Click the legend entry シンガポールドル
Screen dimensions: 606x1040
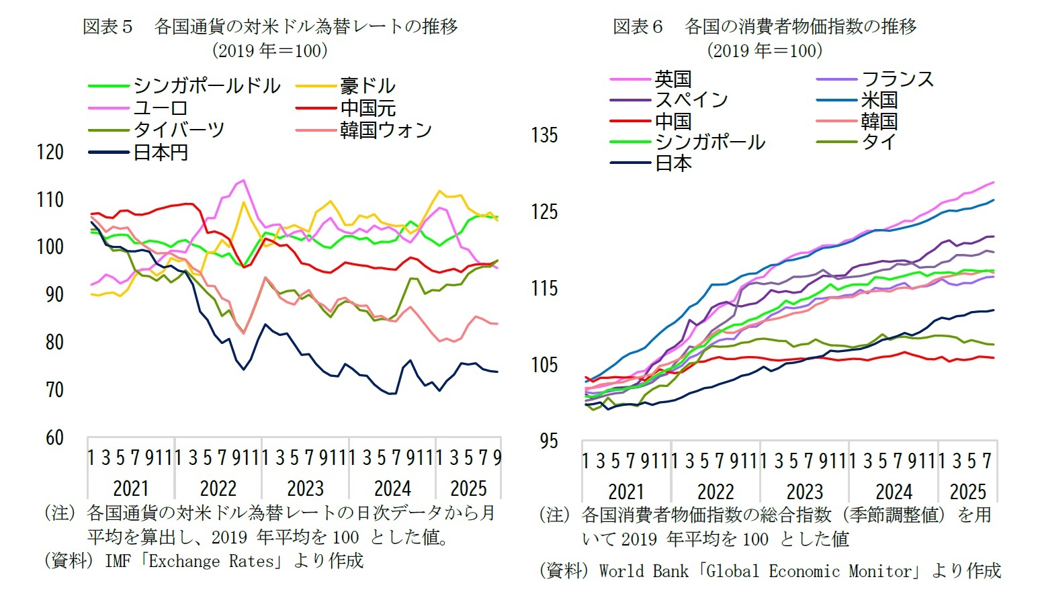(x=206, y=86)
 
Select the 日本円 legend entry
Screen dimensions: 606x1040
(x=160, y=153)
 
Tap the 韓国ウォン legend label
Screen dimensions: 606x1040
(x=386, y=130)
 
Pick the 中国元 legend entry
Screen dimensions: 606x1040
(x=367, y=107)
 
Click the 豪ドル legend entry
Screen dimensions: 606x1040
(x=367, y=86)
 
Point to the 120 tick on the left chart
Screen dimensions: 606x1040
(x=50, y=152)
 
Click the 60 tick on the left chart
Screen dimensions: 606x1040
(x=54, y=438)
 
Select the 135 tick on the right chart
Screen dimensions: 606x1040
(x=544, y=135)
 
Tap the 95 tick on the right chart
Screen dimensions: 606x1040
(x=549, y=441)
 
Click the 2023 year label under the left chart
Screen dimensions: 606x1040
(x=305, y=488)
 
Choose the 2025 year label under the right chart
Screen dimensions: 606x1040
(x=967, y=491)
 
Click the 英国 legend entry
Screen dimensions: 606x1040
(x=673, y=79)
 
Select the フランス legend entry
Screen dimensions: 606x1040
(x=898, y=79)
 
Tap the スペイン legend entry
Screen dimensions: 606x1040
(x=691, y=100)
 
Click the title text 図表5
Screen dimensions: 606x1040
(x=107, y=26)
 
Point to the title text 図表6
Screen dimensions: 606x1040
(x=638, y=26)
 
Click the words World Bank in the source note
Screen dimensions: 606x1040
(x=643, y=571)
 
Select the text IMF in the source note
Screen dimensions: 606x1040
(x=118, y=561)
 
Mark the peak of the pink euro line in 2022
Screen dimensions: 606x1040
(x=243, y=180)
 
